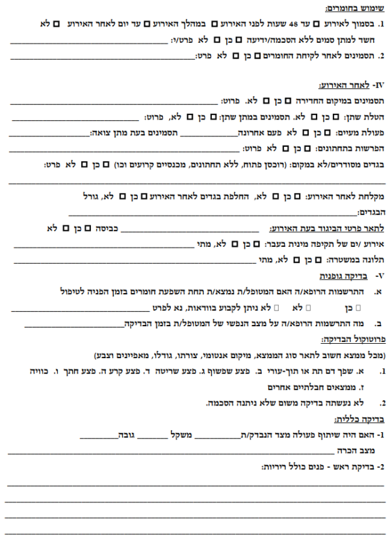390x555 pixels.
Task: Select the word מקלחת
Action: pos(369,195)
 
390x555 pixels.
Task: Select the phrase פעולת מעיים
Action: pos(364,133)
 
